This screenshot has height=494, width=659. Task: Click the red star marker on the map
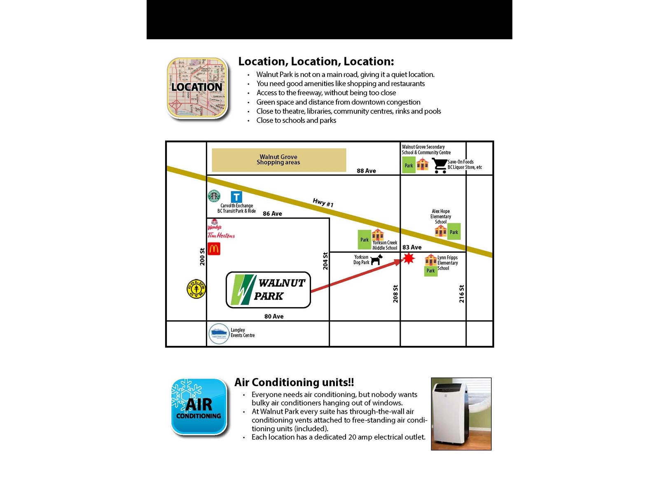(408, 259)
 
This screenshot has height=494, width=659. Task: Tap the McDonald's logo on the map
(214, 249)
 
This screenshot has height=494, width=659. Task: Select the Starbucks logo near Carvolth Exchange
(214, 196)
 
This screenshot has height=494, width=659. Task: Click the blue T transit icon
(236, 197)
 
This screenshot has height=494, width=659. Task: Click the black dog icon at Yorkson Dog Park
(376, 259)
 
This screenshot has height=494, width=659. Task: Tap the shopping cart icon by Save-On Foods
(439, 165)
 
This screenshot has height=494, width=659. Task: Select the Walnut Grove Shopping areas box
(279, 160)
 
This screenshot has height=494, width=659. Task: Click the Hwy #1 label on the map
(323, 203)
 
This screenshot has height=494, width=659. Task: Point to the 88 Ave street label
(366, 171)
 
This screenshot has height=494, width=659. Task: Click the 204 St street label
(325, 261)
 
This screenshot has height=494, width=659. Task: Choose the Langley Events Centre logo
(219, 333)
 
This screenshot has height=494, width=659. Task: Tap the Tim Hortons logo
(221, 235)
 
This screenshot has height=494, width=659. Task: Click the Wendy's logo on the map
(215, 225)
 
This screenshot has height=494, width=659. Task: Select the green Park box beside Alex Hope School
(454, 232)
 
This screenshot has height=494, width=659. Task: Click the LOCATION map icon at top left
(197, 88)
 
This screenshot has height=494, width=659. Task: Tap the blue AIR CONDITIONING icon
(199, 406)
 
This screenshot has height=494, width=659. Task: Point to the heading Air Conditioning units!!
(294, 382)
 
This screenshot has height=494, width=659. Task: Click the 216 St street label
(462, 294)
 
